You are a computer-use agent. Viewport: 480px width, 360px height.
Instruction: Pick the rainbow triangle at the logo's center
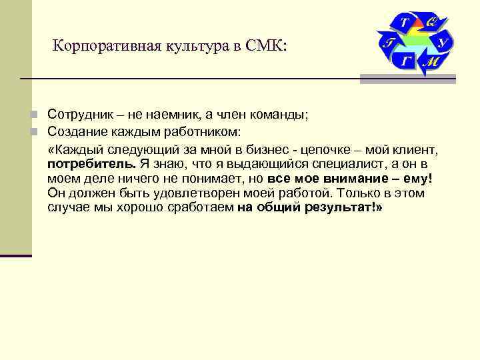coord(417,41)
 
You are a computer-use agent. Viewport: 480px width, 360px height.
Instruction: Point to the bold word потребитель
coord(91,163)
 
